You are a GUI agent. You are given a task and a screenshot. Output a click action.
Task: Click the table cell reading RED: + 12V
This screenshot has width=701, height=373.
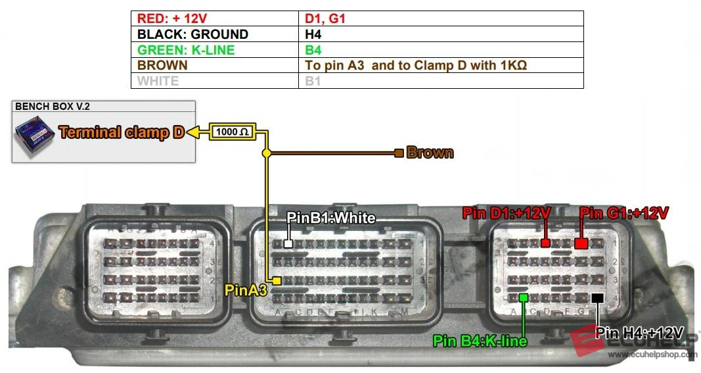coord(214,19)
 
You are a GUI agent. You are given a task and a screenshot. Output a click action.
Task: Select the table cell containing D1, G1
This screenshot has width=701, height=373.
coord(441,19)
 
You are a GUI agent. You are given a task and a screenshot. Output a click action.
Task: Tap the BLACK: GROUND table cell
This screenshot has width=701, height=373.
coord(214,34)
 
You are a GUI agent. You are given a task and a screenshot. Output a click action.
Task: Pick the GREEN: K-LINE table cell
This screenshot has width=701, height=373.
coord(214,50)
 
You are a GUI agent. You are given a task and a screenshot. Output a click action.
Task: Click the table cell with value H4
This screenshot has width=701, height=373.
coord(441,34)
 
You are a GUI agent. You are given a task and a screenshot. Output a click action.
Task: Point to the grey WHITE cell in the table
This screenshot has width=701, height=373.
coord(214,81)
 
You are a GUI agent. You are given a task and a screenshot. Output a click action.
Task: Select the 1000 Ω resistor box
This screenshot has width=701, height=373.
coord(232,132)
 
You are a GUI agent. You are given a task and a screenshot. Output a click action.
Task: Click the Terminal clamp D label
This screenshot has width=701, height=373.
coord(122,132)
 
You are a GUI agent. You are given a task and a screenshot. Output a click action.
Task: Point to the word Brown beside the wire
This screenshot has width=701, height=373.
coord(430,153)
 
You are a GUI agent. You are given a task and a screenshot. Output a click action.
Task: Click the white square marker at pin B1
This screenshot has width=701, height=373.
coord(288,243)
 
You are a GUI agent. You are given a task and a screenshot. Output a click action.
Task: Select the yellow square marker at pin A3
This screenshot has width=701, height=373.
coord(277,281)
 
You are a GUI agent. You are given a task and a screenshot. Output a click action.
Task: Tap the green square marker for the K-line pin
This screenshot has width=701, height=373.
coord(524,297)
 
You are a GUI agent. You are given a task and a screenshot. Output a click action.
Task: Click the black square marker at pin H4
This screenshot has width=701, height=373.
coord(597,298)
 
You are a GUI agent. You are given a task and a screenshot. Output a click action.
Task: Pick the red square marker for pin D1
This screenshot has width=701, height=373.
coord(545,243)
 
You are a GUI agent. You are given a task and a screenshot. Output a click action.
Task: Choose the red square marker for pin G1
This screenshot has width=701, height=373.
coord(581,243)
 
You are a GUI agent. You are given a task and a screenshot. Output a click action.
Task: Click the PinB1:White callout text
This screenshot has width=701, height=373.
coord(332,218)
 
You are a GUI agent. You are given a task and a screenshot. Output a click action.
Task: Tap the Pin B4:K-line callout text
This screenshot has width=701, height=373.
coord(480,341)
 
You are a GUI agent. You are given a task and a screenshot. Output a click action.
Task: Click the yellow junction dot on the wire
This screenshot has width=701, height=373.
coord(266,153)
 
